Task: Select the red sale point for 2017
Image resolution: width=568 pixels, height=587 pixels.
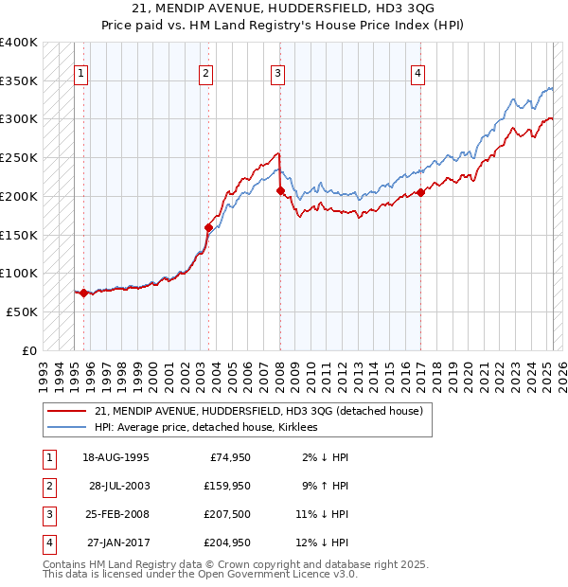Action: point(420,192)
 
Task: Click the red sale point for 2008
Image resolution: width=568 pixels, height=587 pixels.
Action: point(280,190)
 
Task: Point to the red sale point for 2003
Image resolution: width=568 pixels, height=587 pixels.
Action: point(208,227)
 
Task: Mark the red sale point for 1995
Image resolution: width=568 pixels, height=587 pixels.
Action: point(83,293)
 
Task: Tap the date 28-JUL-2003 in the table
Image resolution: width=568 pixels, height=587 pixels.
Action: point(119,485)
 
